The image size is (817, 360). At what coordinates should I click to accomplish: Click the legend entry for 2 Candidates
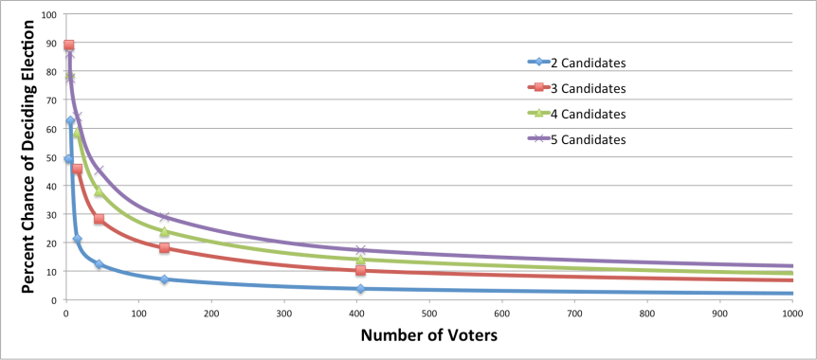[x=589, y=63]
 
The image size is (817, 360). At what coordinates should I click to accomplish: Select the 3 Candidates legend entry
[x=589, y=88]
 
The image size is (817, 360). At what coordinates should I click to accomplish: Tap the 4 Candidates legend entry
[x=589, y=114]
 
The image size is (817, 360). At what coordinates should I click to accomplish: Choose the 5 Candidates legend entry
[x=589, y=139]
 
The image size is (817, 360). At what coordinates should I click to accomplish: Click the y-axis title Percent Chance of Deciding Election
[x=27, y=156]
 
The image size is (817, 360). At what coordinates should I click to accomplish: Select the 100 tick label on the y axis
[x=48, y=15]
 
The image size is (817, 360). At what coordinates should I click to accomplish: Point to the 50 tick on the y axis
[x=51, y=157]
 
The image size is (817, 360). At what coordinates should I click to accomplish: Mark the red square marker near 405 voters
[x=360, y=270]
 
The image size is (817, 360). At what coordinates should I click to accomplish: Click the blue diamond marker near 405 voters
[x=360, y=289]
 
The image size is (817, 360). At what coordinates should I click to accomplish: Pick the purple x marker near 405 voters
[x=360, y=250]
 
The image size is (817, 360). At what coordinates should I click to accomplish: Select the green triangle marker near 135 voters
[x=164, y=231]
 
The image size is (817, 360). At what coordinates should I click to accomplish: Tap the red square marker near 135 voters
[x=164, y=248]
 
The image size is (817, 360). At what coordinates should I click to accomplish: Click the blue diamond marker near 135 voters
[x=164, y=279]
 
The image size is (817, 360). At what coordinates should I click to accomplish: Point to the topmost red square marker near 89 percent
[x=68, y=45]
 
